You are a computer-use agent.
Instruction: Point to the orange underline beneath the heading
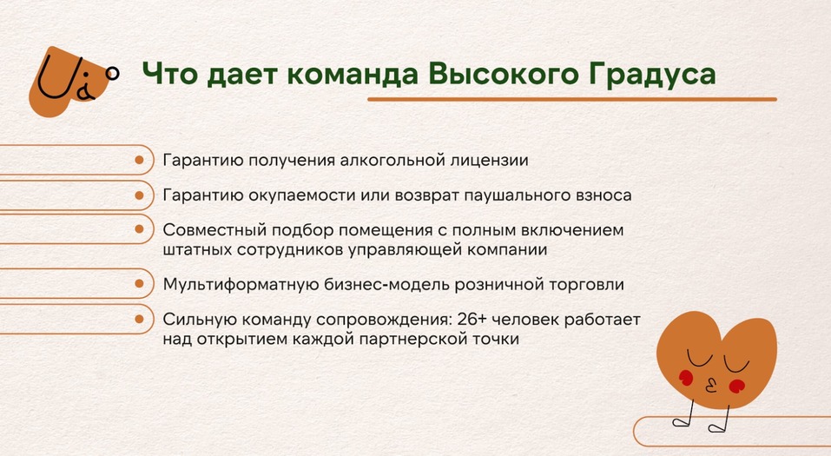point(571,100)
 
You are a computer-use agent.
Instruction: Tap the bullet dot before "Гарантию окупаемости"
point(140,195)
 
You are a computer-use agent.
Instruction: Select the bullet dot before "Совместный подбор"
point(140,229)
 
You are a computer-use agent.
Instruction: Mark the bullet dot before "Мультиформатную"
point(140,284)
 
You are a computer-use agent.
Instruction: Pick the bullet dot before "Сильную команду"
point(140,318)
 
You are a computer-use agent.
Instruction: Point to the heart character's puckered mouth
point(710,382)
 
